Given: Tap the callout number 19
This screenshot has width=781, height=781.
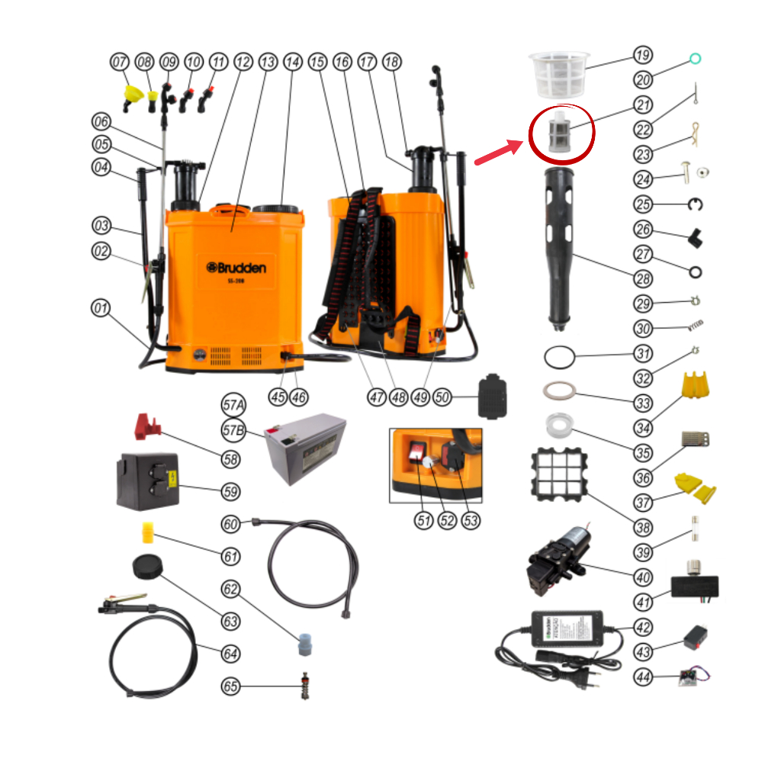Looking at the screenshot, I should [x=643, y=56].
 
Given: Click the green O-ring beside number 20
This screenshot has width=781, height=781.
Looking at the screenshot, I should [x=695, y=59].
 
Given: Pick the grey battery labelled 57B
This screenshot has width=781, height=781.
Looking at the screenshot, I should [x=304, y=448].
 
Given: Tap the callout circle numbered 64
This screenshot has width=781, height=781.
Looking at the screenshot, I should [x=230, y=654].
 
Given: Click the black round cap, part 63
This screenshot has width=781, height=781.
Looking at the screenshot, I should [x=146, y=567].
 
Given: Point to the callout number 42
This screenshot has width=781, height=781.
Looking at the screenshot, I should [x=643, y=627].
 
